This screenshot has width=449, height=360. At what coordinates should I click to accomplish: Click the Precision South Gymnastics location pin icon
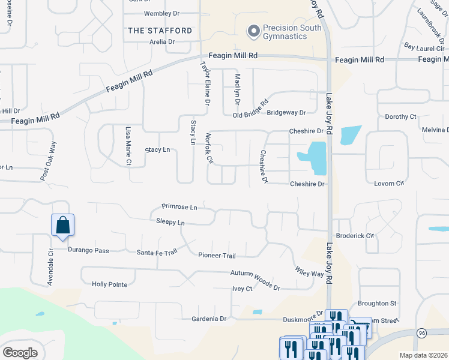point(253,30)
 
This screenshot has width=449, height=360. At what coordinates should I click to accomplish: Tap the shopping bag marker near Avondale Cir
point(62,226)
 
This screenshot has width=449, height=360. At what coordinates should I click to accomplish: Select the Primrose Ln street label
point(179,207)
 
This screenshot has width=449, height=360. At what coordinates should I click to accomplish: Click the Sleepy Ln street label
point(170,222)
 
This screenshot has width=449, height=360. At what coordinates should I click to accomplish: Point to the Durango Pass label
point(88,250)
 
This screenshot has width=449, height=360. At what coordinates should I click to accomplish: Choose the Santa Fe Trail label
point(157,252)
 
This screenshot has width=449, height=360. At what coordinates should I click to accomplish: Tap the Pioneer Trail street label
point(217,256)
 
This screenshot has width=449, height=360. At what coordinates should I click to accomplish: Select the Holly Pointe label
point(109,284)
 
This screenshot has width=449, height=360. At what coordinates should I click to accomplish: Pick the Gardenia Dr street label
point(208,319)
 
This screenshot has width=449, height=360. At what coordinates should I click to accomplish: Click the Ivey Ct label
point(242,289)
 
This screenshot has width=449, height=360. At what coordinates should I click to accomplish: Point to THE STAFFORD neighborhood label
point(160,31)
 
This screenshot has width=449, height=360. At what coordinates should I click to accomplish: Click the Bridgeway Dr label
point(286,112)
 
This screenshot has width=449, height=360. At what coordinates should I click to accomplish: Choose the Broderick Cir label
point(355,236)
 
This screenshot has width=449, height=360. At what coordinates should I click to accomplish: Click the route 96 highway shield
point(422,332)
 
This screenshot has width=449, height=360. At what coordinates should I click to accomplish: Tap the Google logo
point(20,353)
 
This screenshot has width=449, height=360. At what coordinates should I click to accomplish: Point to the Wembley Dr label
point(162,13)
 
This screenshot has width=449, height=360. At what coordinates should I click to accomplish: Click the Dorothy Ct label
point(400,117)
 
